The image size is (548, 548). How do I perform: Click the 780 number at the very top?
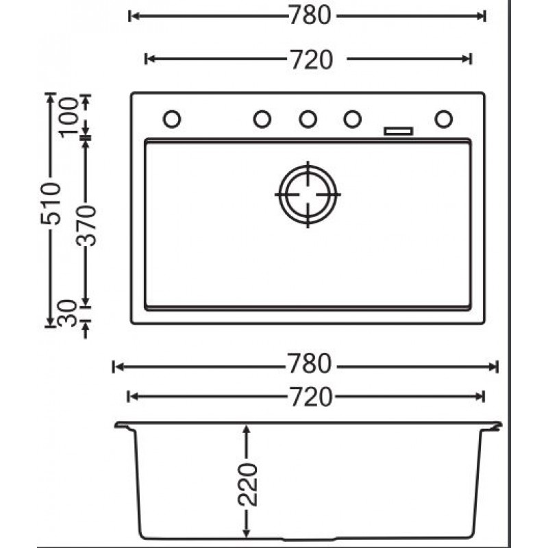307,16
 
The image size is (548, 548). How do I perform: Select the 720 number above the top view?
307,60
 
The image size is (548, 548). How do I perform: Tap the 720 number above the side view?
307,395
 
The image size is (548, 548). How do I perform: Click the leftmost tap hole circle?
172,119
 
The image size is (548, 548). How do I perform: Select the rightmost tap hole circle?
443,119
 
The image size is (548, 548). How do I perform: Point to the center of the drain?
308,195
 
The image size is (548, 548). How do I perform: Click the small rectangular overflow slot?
399,130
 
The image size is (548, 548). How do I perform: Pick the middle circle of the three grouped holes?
308,119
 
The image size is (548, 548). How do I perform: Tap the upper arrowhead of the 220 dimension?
248,429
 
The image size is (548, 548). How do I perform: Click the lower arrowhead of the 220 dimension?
248,536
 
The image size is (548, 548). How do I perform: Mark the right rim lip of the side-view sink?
495,427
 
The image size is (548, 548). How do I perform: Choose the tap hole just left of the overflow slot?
353,119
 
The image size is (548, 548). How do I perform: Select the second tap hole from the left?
262,119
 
